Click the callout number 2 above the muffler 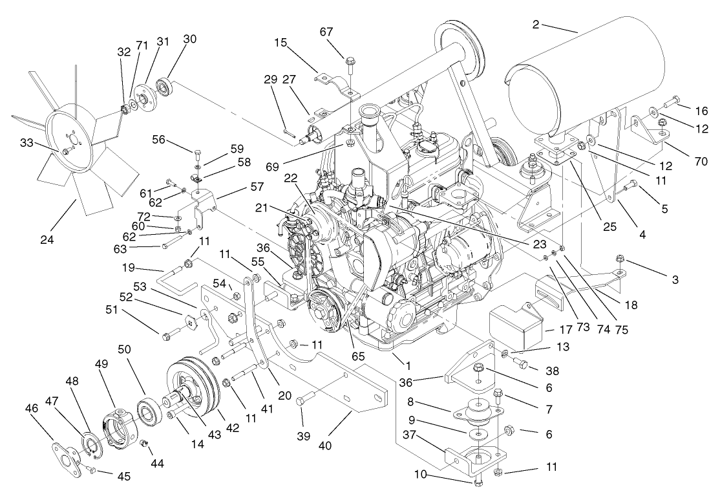tap(536, 25)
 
